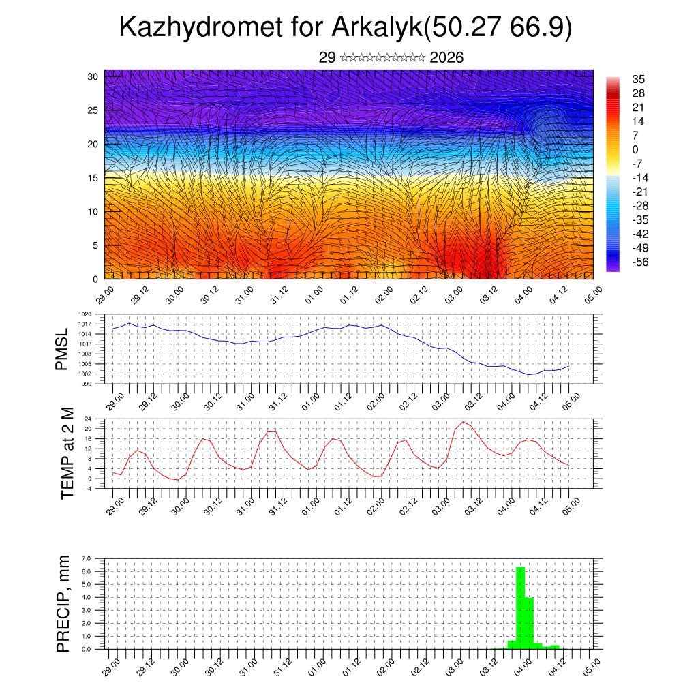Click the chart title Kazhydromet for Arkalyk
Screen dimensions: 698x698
(345, 28)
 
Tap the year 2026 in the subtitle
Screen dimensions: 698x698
(446, 58)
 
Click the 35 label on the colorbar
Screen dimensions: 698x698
(639, 79)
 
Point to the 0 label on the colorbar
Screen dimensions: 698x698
(635, 149)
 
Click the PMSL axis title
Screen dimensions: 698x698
(61, 349)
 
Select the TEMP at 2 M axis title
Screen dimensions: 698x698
(67, 453)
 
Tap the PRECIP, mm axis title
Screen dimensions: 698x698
(63, 604)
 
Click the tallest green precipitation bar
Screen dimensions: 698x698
(520, 607)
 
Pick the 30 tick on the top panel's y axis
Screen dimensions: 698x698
(93, 76)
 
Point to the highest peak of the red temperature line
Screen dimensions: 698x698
(464, 421)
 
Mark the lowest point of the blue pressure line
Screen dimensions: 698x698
(528, 375)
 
